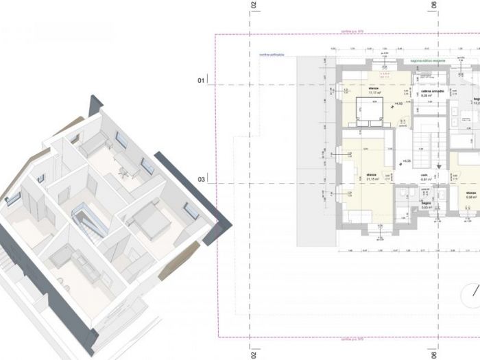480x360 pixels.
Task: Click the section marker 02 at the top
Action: [253, 5]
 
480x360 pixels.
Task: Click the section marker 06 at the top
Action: [433, 5]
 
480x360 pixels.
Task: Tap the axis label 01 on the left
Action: [202, 81]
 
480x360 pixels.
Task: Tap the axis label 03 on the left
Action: [202, 180]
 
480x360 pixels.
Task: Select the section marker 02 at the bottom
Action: [253, 352]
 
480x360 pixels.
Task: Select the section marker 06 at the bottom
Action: [433, 352]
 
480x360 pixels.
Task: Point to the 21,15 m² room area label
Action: [373, 178]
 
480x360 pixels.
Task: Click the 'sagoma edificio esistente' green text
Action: [429, 62]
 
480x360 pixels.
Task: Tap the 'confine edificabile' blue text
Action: [272, 55]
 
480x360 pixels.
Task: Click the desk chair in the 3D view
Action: [121, 171]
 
